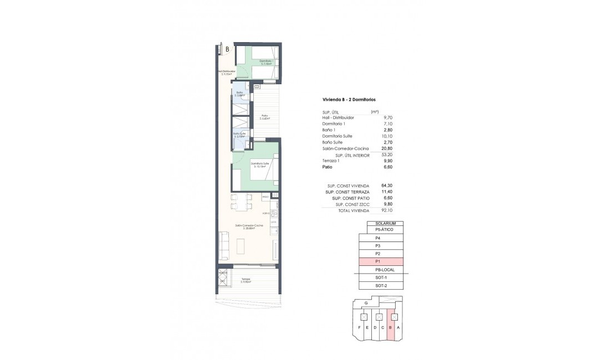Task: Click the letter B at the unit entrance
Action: point(227,49)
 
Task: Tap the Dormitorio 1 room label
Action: point(266,62)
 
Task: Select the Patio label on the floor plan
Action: point(265,117)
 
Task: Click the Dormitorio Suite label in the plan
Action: point(260,164)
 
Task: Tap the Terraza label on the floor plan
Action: point(246,280)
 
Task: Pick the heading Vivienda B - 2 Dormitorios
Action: point(349,100)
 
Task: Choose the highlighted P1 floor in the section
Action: point(381,261)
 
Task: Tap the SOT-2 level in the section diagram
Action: point(381,285)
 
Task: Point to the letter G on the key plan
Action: point(366,304)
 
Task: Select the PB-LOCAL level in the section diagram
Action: point(381,269)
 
